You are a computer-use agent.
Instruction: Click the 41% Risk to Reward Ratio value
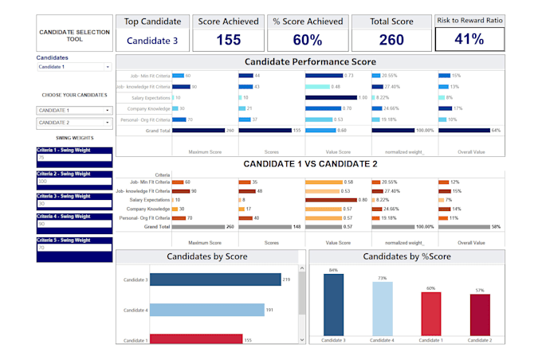[469, 39]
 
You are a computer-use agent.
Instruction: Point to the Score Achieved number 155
[228, 39]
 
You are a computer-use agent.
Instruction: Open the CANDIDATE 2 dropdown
[73, 123]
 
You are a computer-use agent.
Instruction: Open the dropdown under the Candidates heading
[73, 68]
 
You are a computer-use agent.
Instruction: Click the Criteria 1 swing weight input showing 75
[73, 158]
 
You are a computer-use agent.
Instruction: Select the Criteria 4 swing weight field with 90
[73, 225]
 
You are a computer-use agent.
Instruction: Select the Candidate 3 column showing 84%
[332, 305]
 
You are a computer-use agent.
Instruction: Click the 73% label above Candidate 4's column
[382, 278]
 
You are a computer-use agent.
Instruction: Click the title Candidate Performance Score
[310, 61]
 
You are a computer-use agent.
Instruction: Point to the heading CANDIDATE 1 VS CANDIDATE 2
[310, 163]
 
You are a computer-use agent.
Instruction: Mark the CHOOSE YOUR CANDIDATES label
[73, 95]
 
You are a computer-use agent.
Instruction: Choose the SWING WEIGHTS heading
[73, 137]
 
